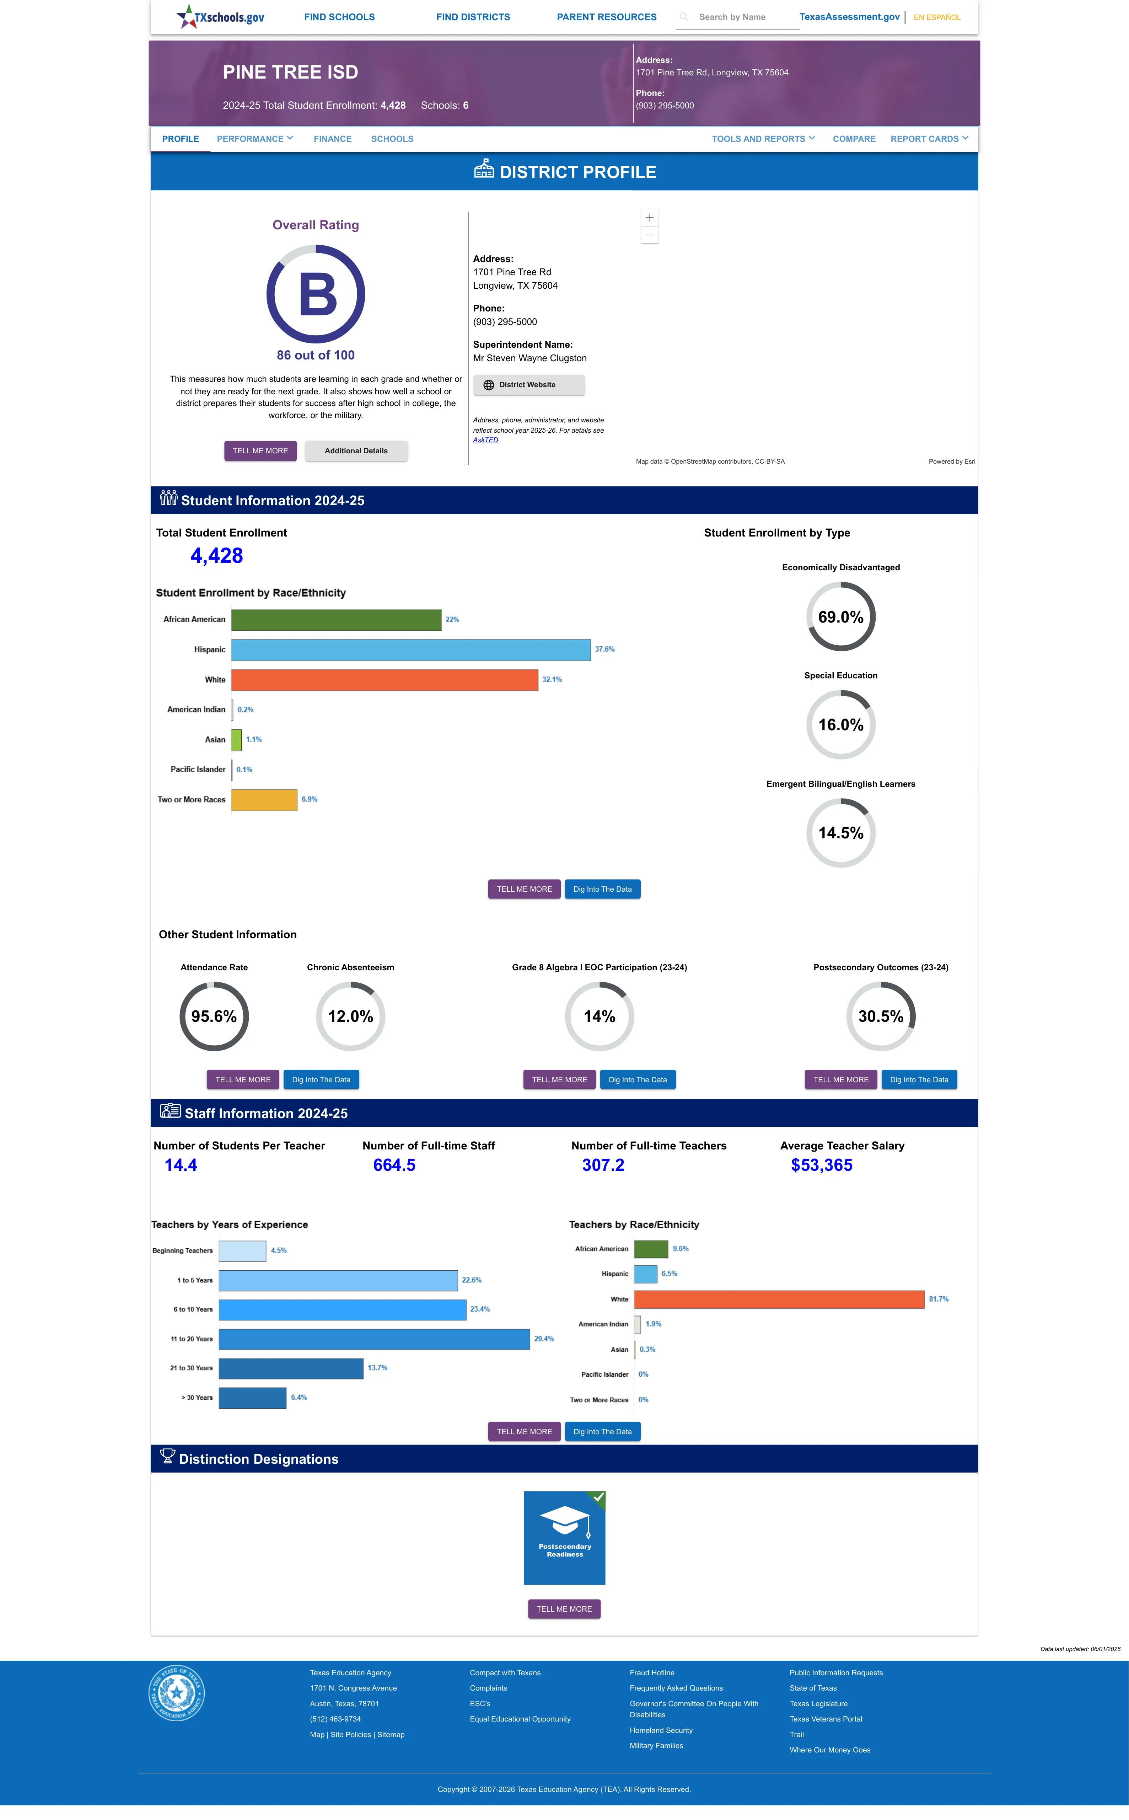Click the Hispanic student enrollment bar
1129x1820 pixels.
tap(411, 650)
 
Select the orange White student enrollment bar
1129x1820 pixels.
tap(385, 679)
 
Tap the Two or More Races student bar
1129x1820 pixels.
tap(264, 800)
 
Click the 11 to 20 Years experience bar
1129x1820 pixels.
tap(374, 1339)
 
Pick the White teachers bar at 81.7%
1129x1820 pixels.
tap(780, 1299)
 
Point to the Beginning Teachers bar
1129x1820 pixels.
tap(243, 1251)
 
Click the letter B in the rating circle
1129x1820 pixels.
tap(318, 294)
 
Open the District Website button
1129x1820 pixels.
tap(529, 385)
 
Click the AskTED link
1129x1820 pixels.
tap(485, 440)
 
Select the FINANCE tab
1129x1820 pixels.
tap(332, 139)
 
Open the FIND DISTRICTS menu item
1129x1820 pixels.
tap(473, 17)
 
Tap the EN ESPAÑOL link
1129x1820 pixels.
tap(937, 17)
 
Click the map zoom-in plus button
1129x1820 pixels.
tap(650, 217)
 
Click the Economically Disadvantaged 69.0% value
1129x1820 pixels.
tap(841, 617)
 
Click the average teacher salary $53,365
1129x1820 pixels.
tap(821, 1165)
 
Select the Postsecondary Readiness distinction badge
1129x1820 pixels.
tap(564, 1538)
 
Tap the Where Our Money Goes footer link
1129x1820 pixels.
tap(830, 1750)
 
